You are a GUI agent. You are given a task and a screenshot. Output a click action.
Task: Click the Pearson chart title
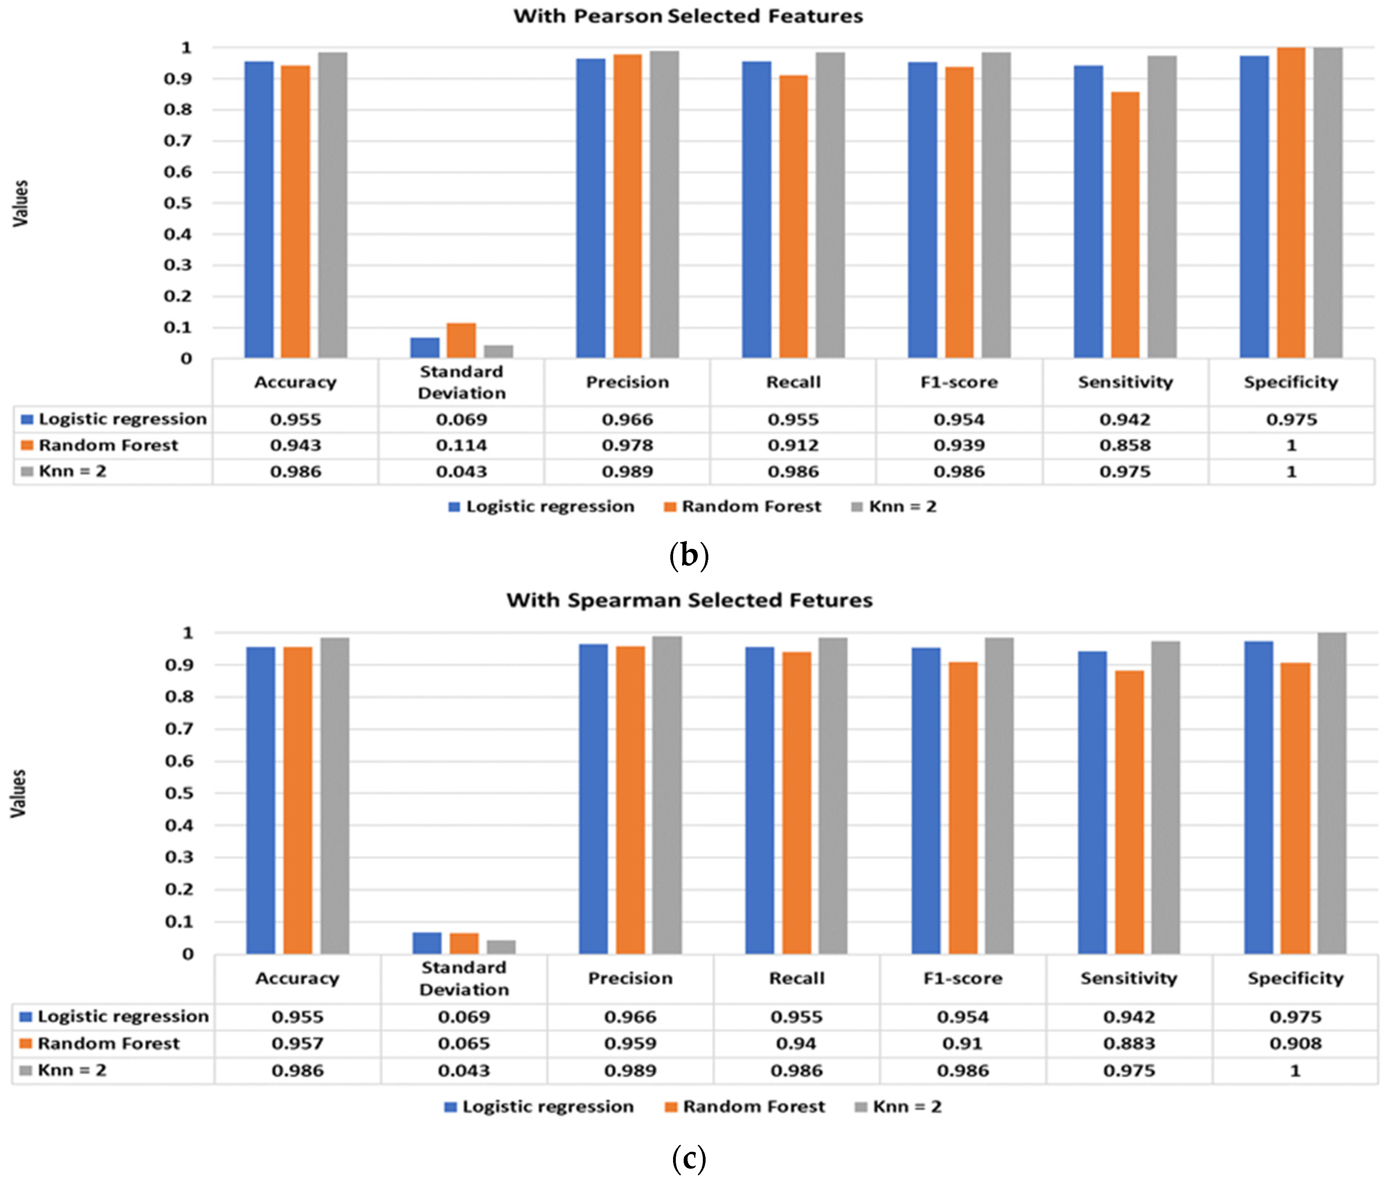tap(688, 16)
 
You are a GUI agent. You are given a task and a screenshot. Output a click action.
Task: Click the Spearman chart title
tap(689, 600)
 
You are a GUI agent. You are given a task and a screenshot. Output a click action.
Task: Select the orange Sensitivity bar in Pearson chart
tap(1125, 224)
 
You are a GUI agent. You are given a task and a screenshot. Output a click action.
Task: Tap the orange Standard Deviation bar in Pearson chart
tap(461, 340)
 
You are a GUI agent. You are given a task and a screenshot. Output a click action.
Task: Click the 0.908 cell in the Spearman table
tap(1295, 1044)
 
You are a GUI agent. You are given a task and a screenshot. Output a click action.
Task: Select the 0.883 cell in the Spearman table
tap(1128, 1044)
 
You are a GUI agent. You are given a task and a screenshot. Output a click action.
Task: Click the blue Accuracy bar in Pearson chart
tap(259, 209)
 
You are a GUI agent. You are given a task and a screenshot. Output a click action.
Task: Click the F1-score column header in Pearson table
tap(959, 382)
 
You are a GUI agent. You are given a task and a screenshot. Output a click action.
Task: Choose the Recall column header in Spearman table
tap(796, 979)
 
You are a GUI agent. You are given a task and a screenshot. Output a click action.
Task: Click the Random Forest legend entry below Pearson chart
tap(742, 507)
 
